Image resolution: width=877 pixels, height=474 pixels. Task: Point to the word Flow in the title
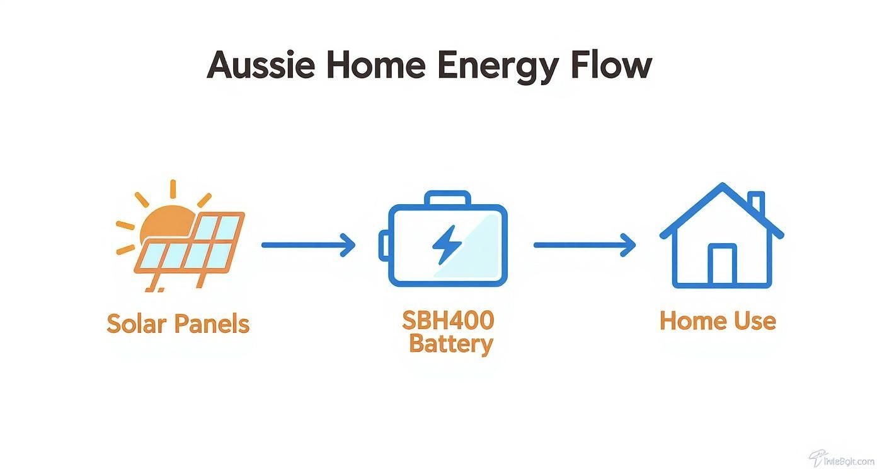612,65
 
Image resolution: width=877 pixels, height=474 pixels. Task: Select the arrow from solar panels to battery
308,245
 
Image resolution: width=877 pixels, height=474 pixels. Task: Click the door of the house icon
721,265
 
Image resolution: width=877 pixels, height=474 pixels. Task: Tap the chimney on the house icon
757,203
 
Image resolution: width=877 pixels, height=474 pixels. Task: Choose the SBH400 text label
448,320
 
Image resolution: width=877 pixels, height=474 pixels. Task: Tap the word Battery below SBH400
450,345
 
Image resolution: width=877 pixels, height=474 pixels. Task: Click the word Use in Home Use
755,321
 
